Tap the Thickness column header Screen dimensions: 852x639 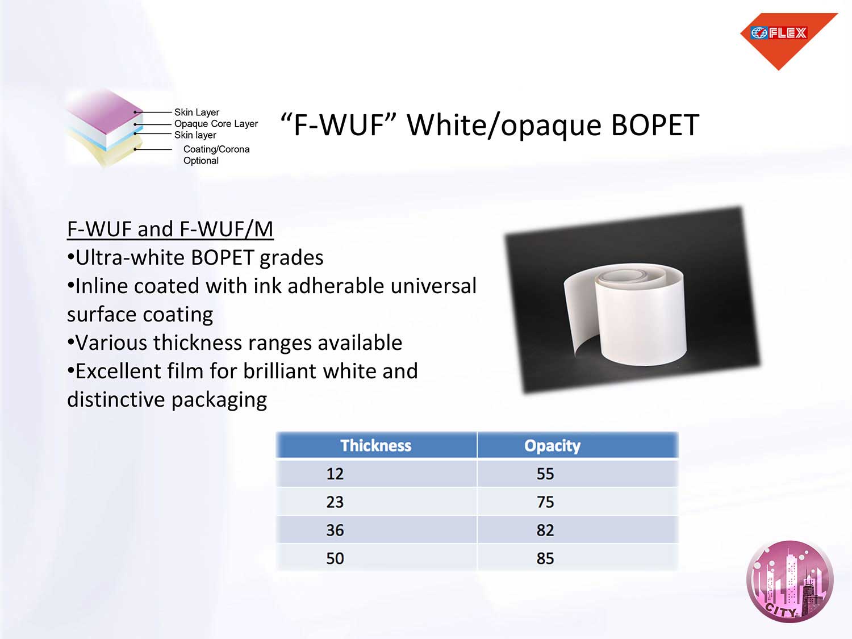point(376,445)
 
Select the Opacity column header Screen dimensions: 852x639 point(552,445)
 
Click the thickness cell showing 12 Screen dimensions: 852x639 point(335,474)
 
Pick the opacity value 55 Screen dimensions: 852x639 point(545,474)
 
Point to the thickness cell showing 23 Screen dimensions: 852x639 point(335,502)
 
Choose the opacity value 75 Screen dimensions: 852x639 point(545,502)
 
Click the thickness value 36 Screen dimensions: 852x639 point(335,530)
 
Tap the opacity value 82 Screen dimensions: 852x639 point(545,530)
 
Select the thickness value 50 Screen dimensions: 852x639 point(335,558)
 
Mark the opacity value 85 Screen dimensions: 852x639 point(545,558)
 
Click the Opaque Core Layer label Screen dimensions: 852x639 point(216,124)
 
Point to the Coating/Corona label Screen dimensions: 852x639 point(216,149)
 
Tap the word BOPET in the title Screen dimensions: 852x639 point(655,126)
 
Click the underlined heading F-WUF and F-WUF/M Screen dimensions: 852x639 point(170,228)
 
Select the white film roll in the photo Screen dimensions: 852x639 point(625,314)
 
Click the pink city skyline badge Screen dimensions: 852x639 point(790,581)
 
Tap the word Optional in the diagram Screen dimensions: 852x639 point(201,161)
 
